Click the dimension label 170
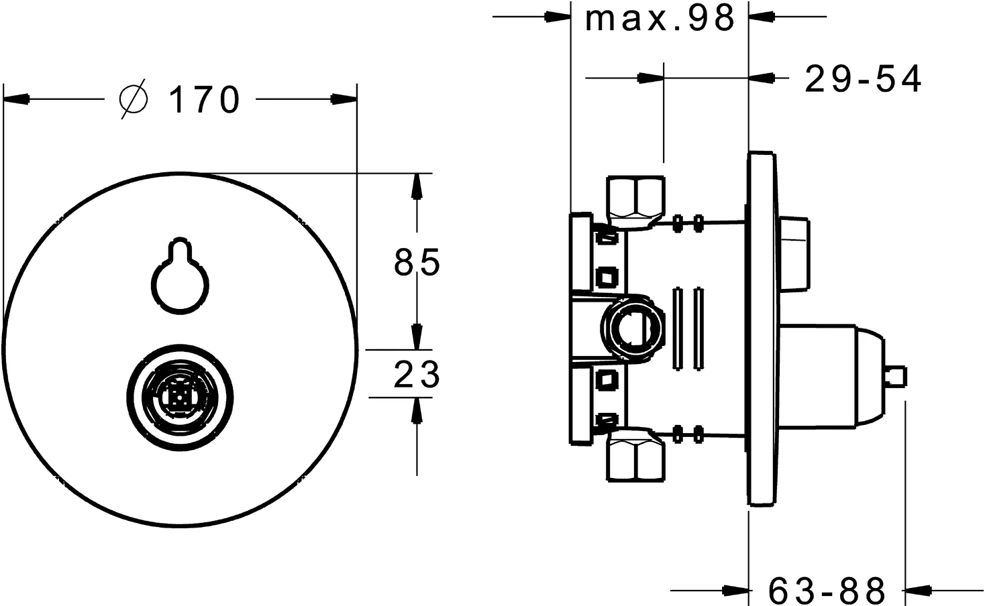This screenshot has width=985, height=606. coord(205,100)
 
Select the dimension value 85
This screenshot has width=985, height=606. coord(417,262)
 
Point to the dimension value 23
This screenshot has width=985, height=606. coord(417,374)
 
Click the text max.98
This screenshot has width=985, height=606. coord(660,18)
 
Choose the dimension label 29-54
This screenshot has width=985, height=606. coord(862,79)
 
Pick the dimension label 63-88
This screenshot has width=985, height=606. coord(827,590)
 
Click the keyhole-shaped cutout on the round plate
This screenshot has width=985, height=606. coord(180,276)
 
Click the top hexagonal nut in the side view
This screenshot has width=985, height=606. coord(635,202)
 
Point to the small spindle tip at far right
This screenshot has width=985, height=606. coord(896,378)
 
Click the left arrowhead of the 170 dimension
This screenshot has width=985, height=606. coord(16,99)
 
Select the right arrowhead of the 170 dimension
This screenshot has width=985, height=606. coord(344,99)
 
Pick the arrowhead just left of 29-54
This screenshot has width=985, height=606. coord(762,78)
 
